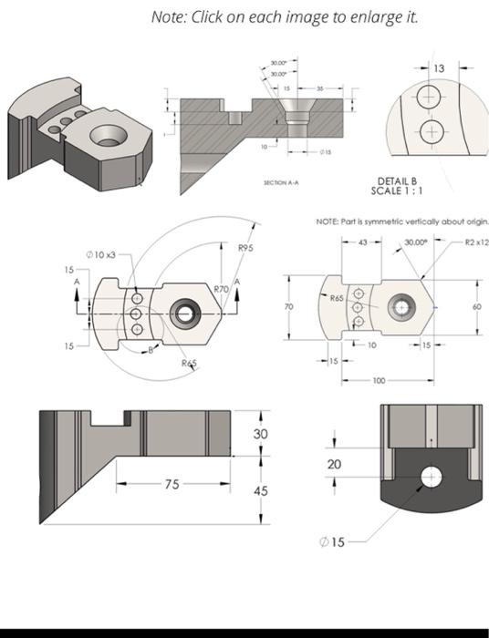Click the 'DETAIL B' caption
pyautogui.click(x=396, y=181)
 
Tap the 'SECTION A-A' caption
pyautogui.click(x=281, y=183)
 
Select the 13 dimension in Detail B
pyautogui.click(x=440, y=68)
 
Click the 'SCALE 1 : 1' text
pyautogui.click(x=396, y=190)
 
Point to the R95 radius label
pyautogui.click(x=245, y=248)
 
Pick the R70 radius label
pyautogui.click(x=221, y=288)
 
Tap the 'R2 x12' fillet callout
pyautogui.click(x=475, y=242)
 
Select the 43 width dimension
pyautogui.click(x=362, y=242)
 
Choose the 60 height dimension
pyautogui.click(x=475, y=307)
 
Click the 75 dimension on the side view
pyautogui.click(x=172, y=485)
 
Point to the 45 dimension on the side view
pyautogui.click(x=261, y=491)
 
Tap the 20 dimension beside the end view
pyautogui.click(x=335, y=465)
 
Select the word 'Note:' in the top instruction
pyautogui.click(x=170, y=18)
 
